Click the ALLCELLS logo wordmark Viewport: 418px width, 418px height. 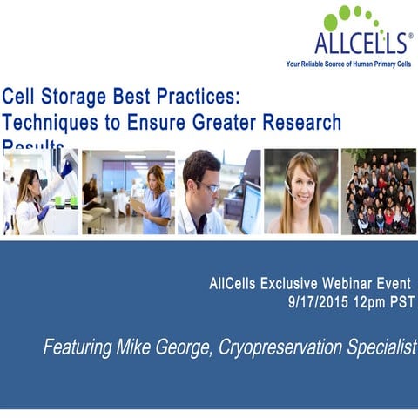pos(360,43)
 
